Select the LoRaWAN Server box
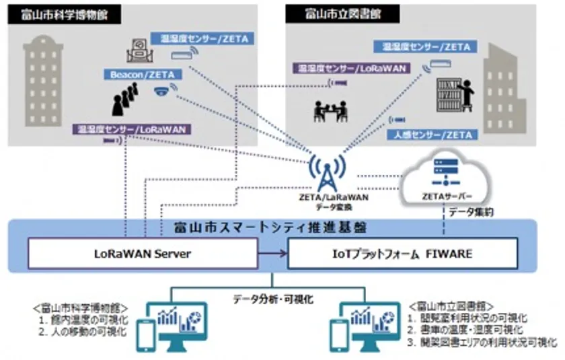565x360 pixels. pos(143,253)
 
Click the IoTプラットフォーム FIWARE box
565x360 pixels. pos(403,253)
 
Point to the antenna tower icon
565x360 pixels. pos(327,173)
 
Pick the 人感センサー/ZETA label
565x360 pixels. pos(432,135)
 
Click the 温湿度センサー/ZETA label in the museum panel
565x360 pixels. pos(200,39)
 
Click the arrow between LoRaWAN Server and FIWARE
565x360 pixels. pos(273,253)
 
